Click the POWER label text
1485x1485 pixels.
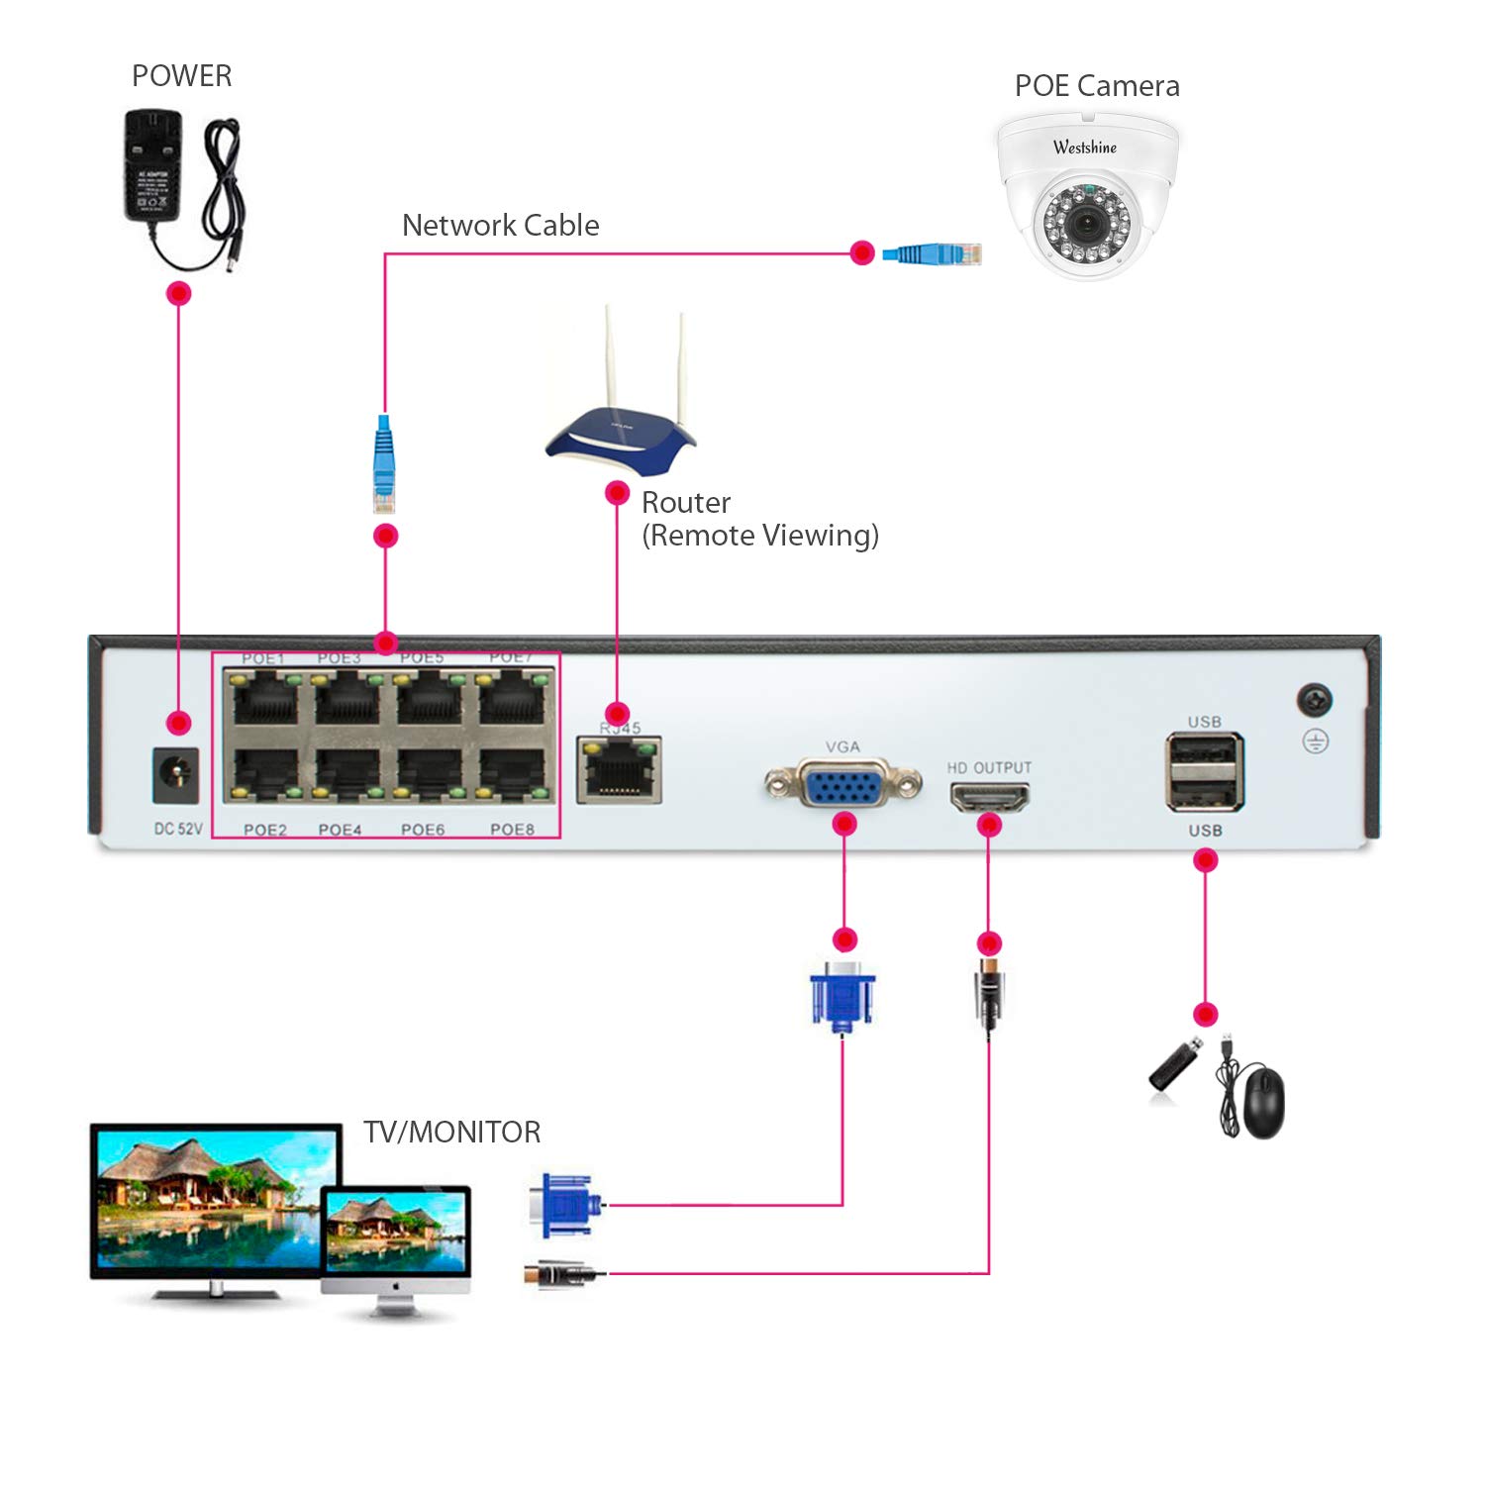[x=181, y=76]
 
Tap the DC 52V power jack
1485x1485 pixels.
[x=177, y=775]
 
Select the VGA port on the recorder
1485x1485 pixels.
[x=842, y=784]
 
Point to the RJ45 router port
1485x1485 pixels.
[x=620, y=770]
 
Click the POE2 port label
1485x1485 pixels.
[x=264, y=830]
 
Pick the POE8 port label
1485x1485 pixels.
[x=512, y=830]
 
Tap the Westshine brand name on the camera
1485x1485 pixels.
[x=1085, y=148]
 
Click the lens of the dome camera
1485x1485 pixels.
[x=1086, y=223]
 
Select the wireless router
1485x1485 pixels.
[x=621, y=436]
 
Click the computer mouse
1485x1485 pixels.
[x=1263, y=1102]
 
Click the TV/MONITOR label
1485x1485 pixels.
[x=451, y=1132]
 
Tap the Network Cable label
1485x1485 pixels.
[x=500, y=226]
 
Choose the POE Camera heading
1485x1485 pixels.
[x=1097, y=86]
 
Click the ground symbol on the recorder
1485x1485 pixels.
[x=1315, y=742]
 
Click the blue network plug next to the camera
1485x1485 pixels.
[x=932, y=253]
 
